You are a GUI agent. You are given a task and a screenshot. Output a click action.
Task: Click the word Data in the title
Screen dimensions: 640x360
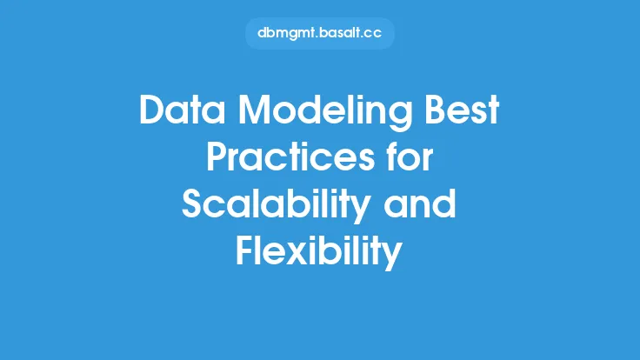pos(183,110)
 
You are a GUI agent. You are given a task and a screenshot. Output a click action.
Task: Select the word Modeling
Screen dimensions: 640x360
pos(325,113)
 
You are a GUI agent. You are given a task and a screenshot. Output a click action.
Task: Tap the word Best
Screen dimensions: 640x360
pos(463,110)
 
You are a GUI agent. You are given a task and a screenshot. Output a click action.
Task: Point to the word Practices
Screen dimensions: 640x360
pos(290,157)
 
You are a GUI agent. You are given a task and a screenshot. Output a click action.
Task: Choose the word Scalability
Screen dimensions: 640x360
pos(277,207)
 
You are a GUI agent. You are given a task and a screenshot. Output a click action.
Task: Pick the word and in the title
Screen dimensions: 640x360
pos(420,203)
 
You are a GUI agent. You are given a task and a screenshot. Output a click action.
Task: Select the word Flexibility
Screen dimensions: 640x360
pos(319,253)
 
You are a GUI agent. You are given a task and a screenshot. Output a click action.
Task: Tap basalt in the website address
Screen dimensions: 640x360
pos(340,33)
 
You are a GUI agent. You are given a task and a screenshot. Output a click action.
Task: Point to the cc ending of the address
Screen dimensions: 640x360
pos(372,34)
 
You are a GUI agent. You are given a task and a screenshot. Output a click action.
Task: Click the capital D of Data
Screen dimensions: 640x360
pos(152,110)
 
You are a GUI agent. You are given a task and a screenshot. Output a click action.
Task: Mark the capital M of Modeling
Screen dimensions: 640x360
pos(255,110)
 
